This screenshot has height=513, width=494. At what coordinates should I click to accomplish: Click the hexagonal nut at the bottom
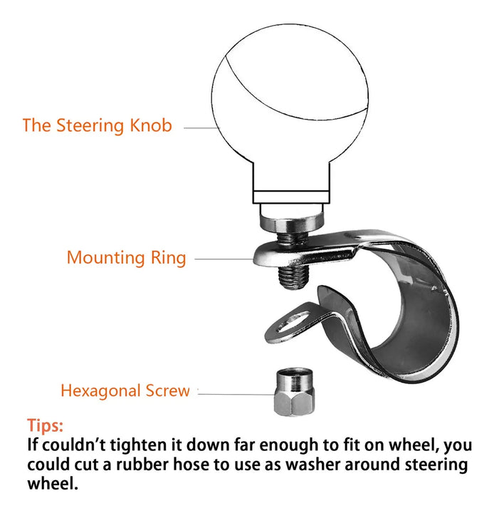pyautogui.click(x=294, y=392)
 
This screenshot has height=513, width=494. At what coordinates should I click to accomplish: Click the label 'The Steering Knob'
pyautogui.click(x=98, y=125)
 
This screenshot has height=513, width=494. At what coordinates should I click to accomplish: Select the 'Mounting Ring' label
pyautogui.click(x=127, y=258)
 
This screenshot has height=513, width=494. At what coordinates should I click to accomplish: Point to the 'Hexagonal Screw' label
pyautogui.click(x=125, y=390)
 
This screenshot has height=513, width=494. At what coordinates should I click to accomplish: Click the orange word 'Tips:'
pyautogui.click(x=45, y=425)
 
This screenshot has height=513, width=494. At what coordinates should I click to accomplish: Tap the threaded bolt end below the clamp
pyautogui.click(x=293, y=277)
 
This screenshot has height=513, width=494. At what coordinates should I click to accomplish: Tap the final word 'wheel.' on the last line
pyautogui.click(x=53, y=483)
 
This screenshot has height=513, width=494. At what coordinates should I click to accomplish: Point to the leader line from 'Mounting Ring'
pyautogui.click(x=224, y=259)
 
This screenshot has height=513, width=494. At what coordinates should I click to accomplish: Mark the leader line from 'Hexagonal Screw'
pyautogui.click(x=236, y=394)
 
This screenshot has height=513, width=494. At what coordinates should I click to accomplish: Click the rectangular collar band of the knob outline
pyautogui.click(x=291, y=197)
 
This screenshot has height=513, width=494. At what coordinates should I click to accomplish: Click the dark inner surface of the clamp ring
pyautogui.click(x=421, y=314)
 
